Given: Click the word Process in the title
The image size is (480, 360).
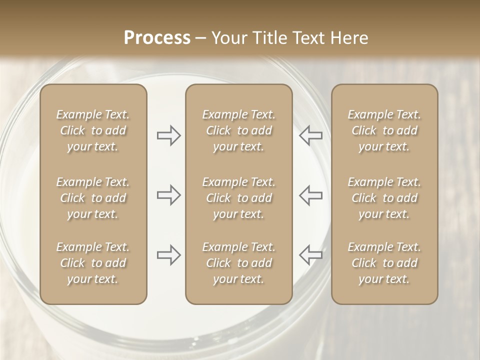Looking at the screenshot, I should pyautogui.click(x=157, y=38).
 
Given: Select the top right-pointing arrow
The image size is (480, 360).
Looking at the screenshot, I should pyautogui.click(x=169, y=135).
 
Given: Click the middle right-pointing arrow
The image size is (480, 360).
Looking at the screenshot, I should pyautogui.click(x=169, y=195).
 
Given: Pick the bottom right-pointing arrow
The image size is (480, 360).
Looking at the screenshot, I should pyautogui.click(x=169, y=255).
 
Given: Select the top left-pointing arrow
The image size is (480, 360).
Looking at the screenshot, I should pyautogui.click(x=310, y=135).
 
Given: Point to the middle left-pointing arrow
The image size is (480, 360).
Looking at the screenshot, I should pyautogui.click(x=310, y=195).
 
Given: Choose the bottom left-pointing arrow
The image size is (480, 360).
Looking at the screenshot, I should pyautogui.click(x=310, y=255).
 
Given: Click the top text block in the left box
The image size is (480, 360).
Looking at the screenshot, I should pyautogui.click(x=93, y=130).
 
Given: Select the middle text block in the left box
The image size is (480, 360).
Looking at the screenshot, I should pyautogui.click(x=93, y=198).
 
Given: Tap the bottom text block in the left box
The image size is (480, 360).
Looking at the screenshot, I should pyautogui.click(x=93, y=263).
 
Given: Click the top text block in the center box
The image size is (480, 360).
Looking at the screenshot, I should pyautogui.click(x=238, y=130).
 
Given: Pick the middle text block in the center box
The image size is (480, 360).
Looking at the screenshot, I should pyautogui.click(x=238, y=198).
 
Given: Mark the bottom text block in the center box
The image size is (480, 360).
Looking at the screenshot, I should pyautogui.click(x=238, y=263).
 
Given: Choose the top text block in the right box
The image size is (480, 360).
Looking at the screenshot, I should pyautogui.click(x=384, y=130).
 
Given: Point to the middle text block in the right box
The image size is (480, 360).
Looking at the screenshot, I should pyautogui.click(x=384, y=198).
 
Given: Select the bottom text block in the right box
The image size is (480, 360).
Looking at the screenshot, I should pyautogui.click(x=384, y=263).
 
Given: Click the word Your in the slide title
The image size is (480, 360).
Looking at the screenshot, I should pyautogui.click(x=227, y=38).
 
